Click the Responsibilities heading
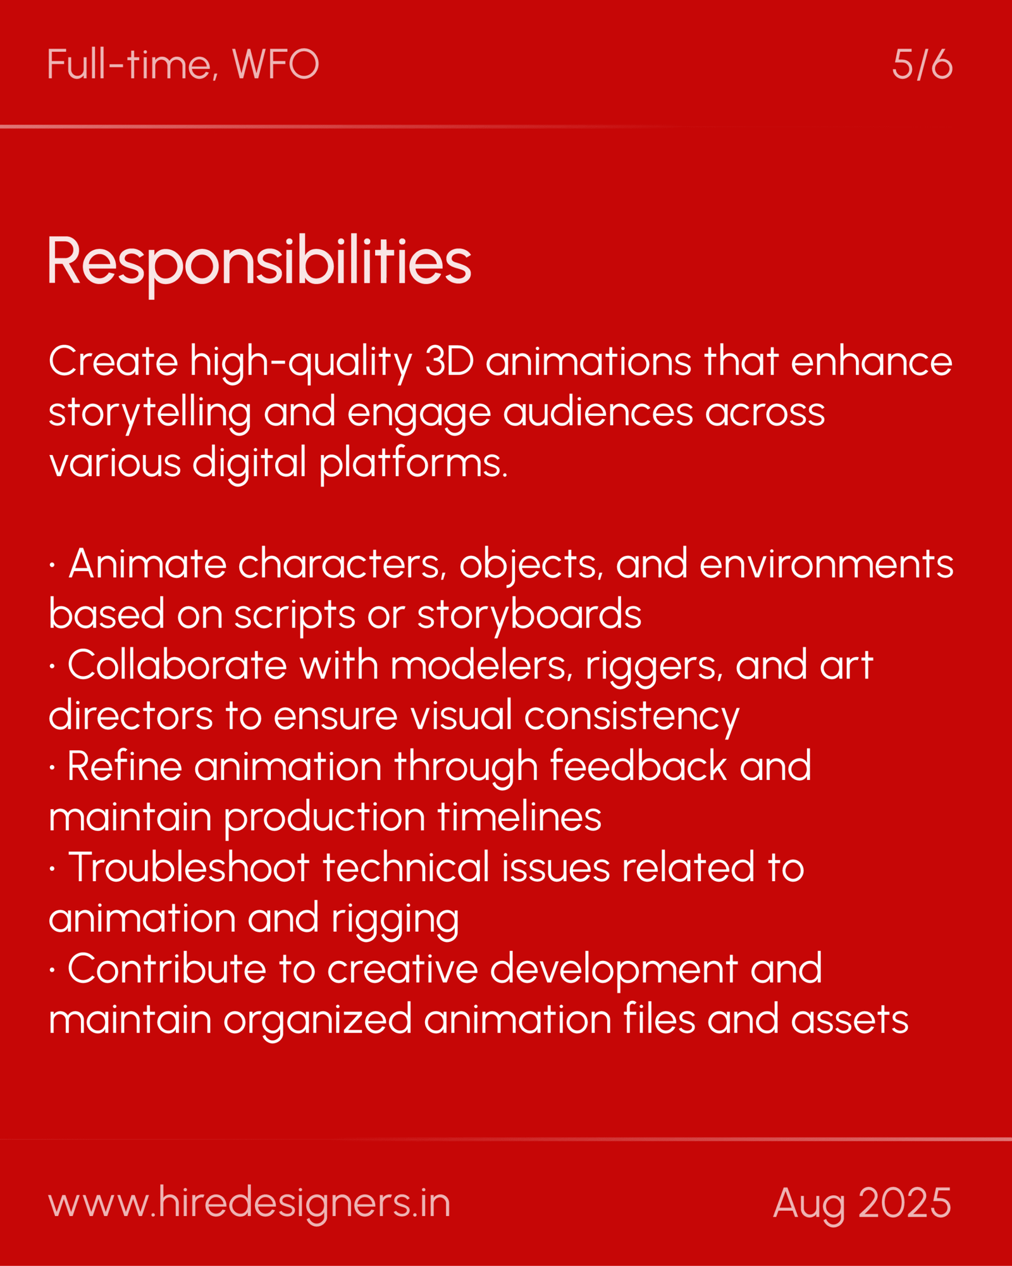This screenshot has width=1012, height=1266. [259, 263]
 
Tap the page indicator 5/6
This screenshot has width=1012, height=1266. [922, 65]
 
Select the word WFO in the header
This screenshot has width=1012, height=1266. [276, 65]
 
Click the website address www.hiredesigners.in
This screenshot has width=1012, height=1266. [249, 1203]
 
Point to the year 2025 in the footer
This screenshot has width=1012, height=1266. [905, 1203]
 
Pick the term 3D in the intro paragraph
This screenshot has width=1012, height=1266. [449, 361]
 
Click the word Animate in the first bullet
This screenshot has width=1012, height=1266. [147, 563]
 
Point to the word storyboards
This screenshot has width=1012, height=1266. [529, 615]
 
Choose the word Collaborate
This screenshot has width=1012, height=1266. [177, 665]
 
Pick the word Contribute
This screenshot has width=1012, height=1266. [167, 968]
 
